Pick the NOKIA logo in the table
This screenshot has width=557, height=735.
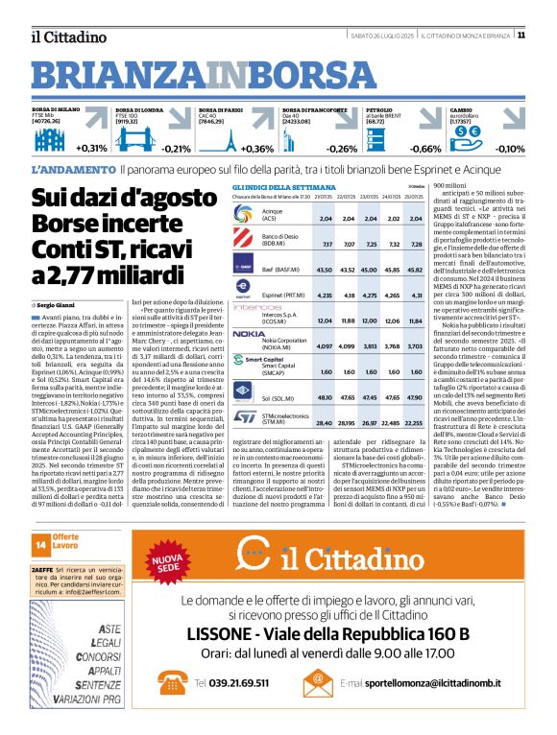tap(249, 333)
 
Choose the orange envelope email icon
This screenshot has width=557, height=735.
tap(318, 681)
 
